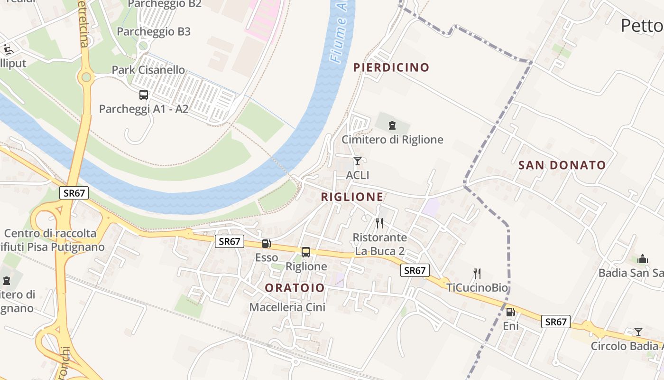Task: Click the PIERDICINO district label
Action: point(391,67)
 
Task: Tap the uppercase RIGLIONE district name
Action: point(352,197)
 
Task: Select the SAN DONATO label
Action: point(562,165)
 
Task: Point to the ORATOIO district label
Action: point(295,288)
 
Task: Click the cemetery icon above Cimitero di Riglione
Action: point(392,125)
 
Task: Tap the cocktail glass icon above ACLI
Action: point(358,161)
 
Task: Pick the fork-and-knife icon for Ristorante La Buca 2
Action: point(379,223)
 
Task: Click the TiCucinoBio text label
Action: point(477,288)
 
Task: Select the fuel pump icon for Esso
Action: point(267,244)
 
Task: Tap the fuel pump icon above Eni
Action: point(511,312)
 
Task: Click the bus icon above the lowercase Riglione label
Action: point(306,252)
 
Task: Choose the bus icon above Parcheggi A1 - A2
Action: point(144,95)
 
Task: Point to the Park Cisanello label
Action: point(148,70)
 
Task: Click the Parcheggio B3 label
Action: point(154,32)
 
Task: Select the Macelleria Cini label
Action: point(287,307)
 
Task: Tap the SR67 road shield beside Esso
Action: point(230,241)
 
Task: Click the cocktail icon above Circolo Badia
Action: point(638,332)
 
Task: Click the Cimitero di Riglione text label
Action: point(393,140)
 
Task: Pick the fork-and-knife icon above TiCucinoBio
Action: point(477,273)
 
